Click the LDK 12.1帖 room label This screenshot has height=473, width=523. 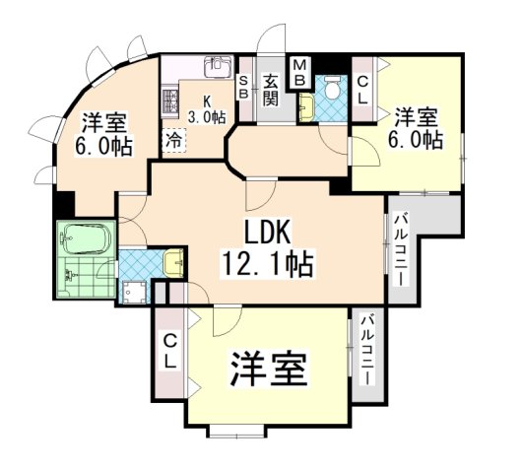265,248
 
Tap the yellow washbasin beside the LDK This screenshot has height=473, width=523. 172,262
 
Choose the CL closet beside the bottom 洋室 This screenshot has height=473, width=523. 169,352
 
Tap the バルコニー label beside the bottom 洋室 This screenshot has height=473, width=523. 366,350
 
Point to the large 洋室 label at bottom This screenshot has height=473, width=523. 270,371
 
